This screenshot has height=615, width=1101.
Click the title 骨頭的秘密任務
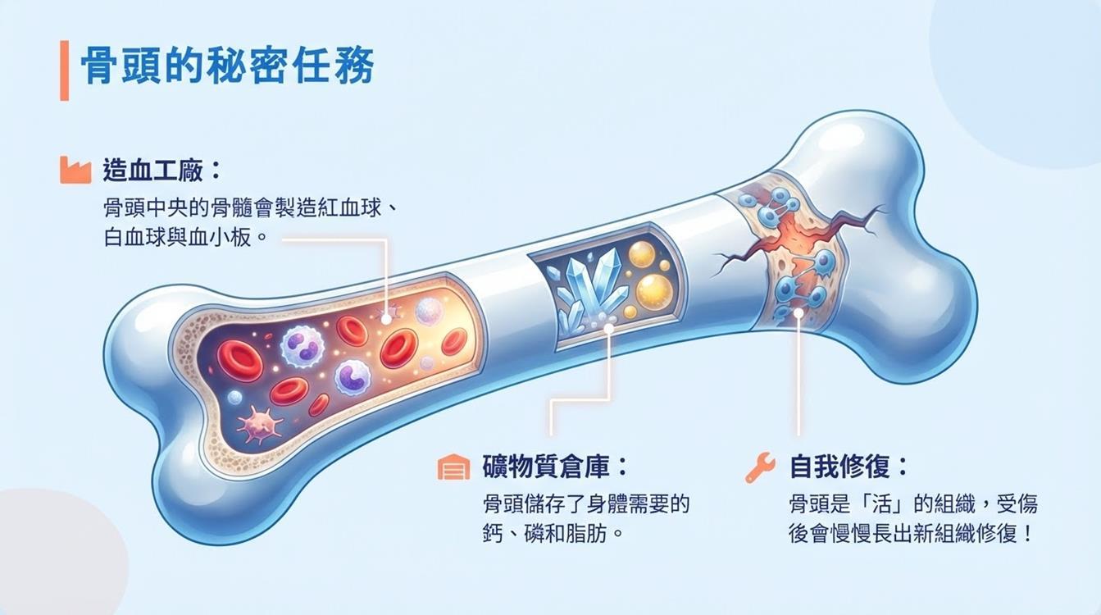(228, 67)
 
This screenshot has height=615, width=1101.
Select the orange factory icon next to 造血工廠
(75, 170)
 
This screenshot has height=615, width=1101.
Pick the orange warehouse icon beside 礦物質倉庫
(453, 467)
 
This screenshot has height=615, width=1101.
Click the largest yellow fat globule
(653, 289)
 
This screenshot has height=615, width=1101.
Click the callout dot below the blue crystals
(608, 328)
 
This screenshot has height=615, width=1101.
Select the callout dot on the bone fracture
(798, 312)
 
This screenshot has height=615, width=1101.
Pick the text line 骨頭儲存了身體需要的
(586, 503)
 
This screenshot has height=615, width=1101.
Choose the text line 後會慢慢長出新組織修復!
(910, 533)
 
